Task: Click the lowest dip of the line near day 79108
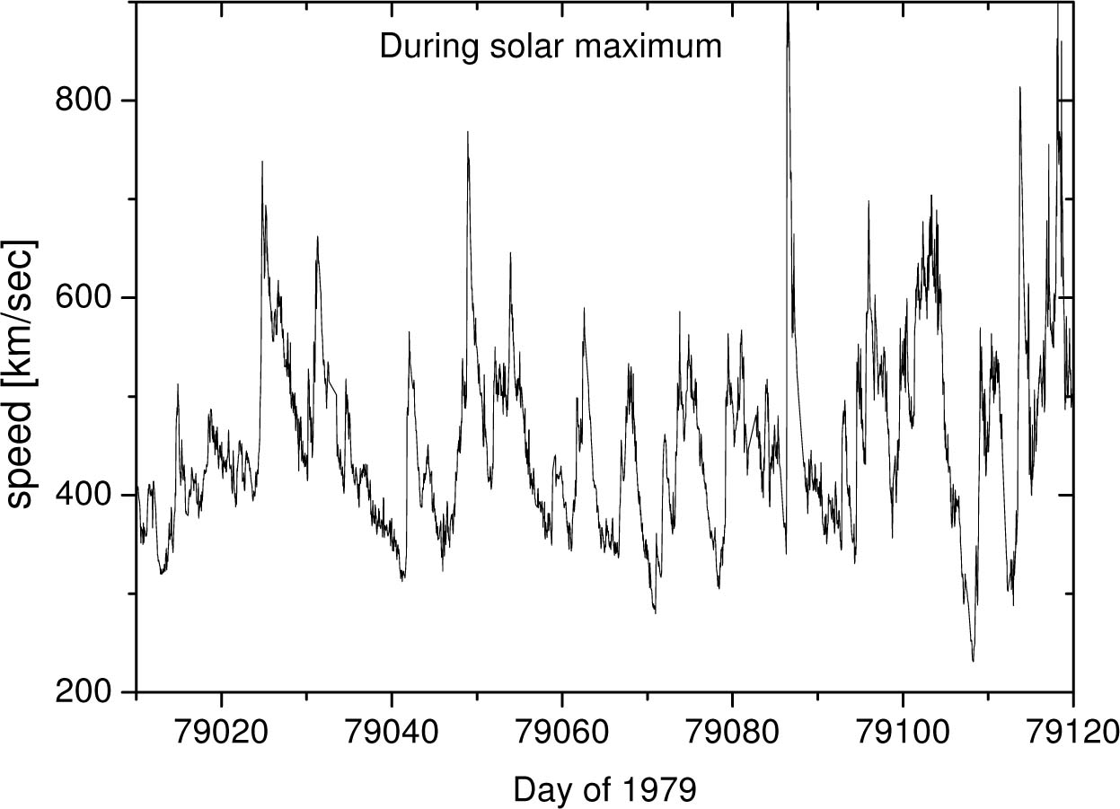point(973,661)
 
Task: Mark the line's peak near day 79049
point(468,132)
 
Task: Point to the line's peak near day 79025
point(262,162)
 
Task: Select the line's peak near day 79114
point(1020,87)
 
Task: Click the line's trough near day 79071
point(655,612)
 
